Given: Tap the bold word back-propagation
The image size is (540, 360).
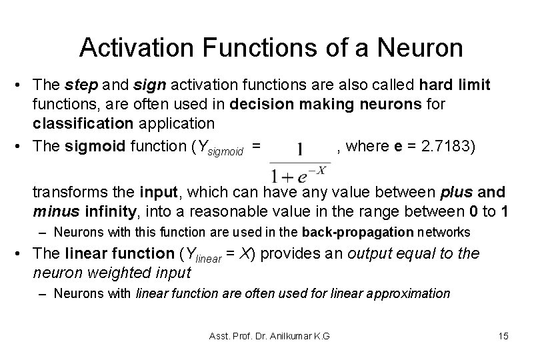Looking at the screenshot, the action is [x=358, y=233].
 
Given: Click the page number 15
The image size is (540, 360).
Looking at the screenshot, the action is [x=503, y=335].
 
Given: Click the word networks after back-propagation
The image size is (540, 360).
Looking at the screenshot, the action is [x=444, y=233].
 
